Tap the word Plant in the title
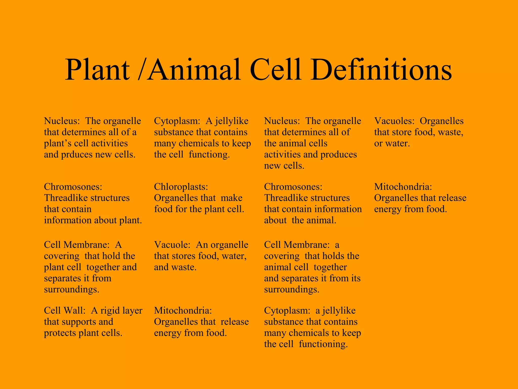[97, 70]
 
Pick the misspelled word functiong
[209, 155]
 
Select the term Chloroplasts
[181, 187]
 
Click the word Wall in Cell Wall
[77, 310]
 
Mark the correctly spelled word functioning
[323, 344]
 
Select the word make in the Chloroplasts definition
[231, 198]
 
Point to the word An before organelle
[202, 245]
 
